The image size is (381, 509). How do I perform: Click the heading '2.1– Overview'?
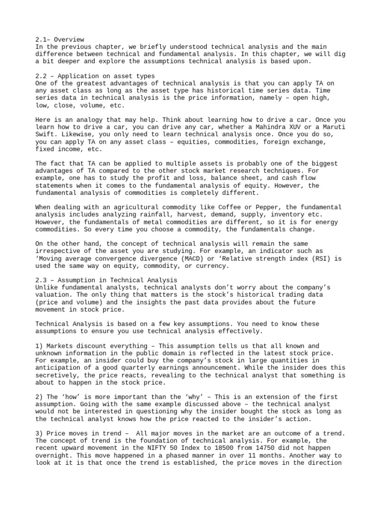pyautogui.click(x=60, y=39)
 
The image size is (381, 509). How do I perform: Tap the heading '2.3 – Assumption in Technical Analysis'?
pyautogui.click(x=106, y=281)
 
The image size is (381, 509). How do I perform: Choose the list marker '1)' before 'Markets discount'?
pyautogui.click(x=40, y=346)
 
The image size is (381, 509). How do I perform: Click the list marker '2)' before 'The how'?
pyautogui.click(x=40, y=397)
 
